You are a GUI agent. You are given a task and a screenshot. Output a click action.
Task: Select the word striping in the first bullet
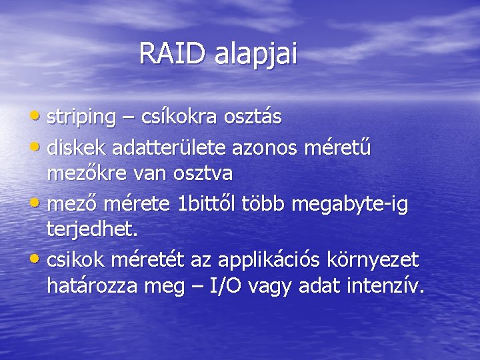coord(81,118)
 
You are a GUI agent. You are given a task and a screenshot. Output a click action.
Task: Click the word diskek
coord(77,146)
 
